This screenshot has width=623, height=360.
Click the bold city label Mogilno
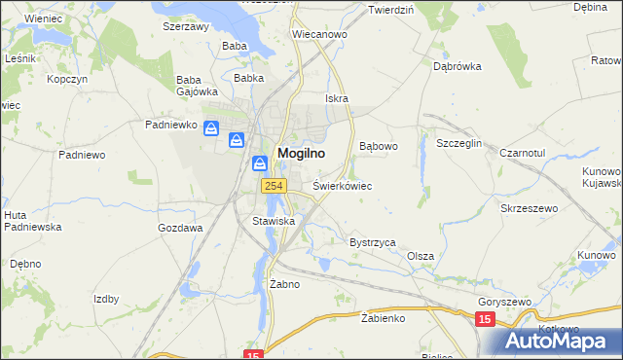[x=301, y=153]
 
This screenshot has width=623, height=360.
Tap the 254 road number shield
[x=271, y=185]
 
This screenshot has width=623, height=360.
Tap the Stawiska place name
[x=274, y=221]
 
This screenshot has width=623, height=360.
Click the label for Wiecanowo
[x=320, y=34]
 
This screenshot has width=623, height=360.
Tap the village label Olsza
[x=421, y=256]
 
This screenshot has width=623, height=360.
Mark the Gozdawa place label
[x=180, y=228]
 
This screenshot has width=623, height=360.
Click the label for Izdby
[x=106, y=299]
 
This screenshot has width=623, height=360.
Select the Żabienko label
[x=382, y=317]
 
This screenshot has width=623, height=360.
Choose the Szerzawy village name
[x=186, y=27]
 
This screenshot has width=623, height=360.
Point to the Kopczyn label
[x=68, y=78]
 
